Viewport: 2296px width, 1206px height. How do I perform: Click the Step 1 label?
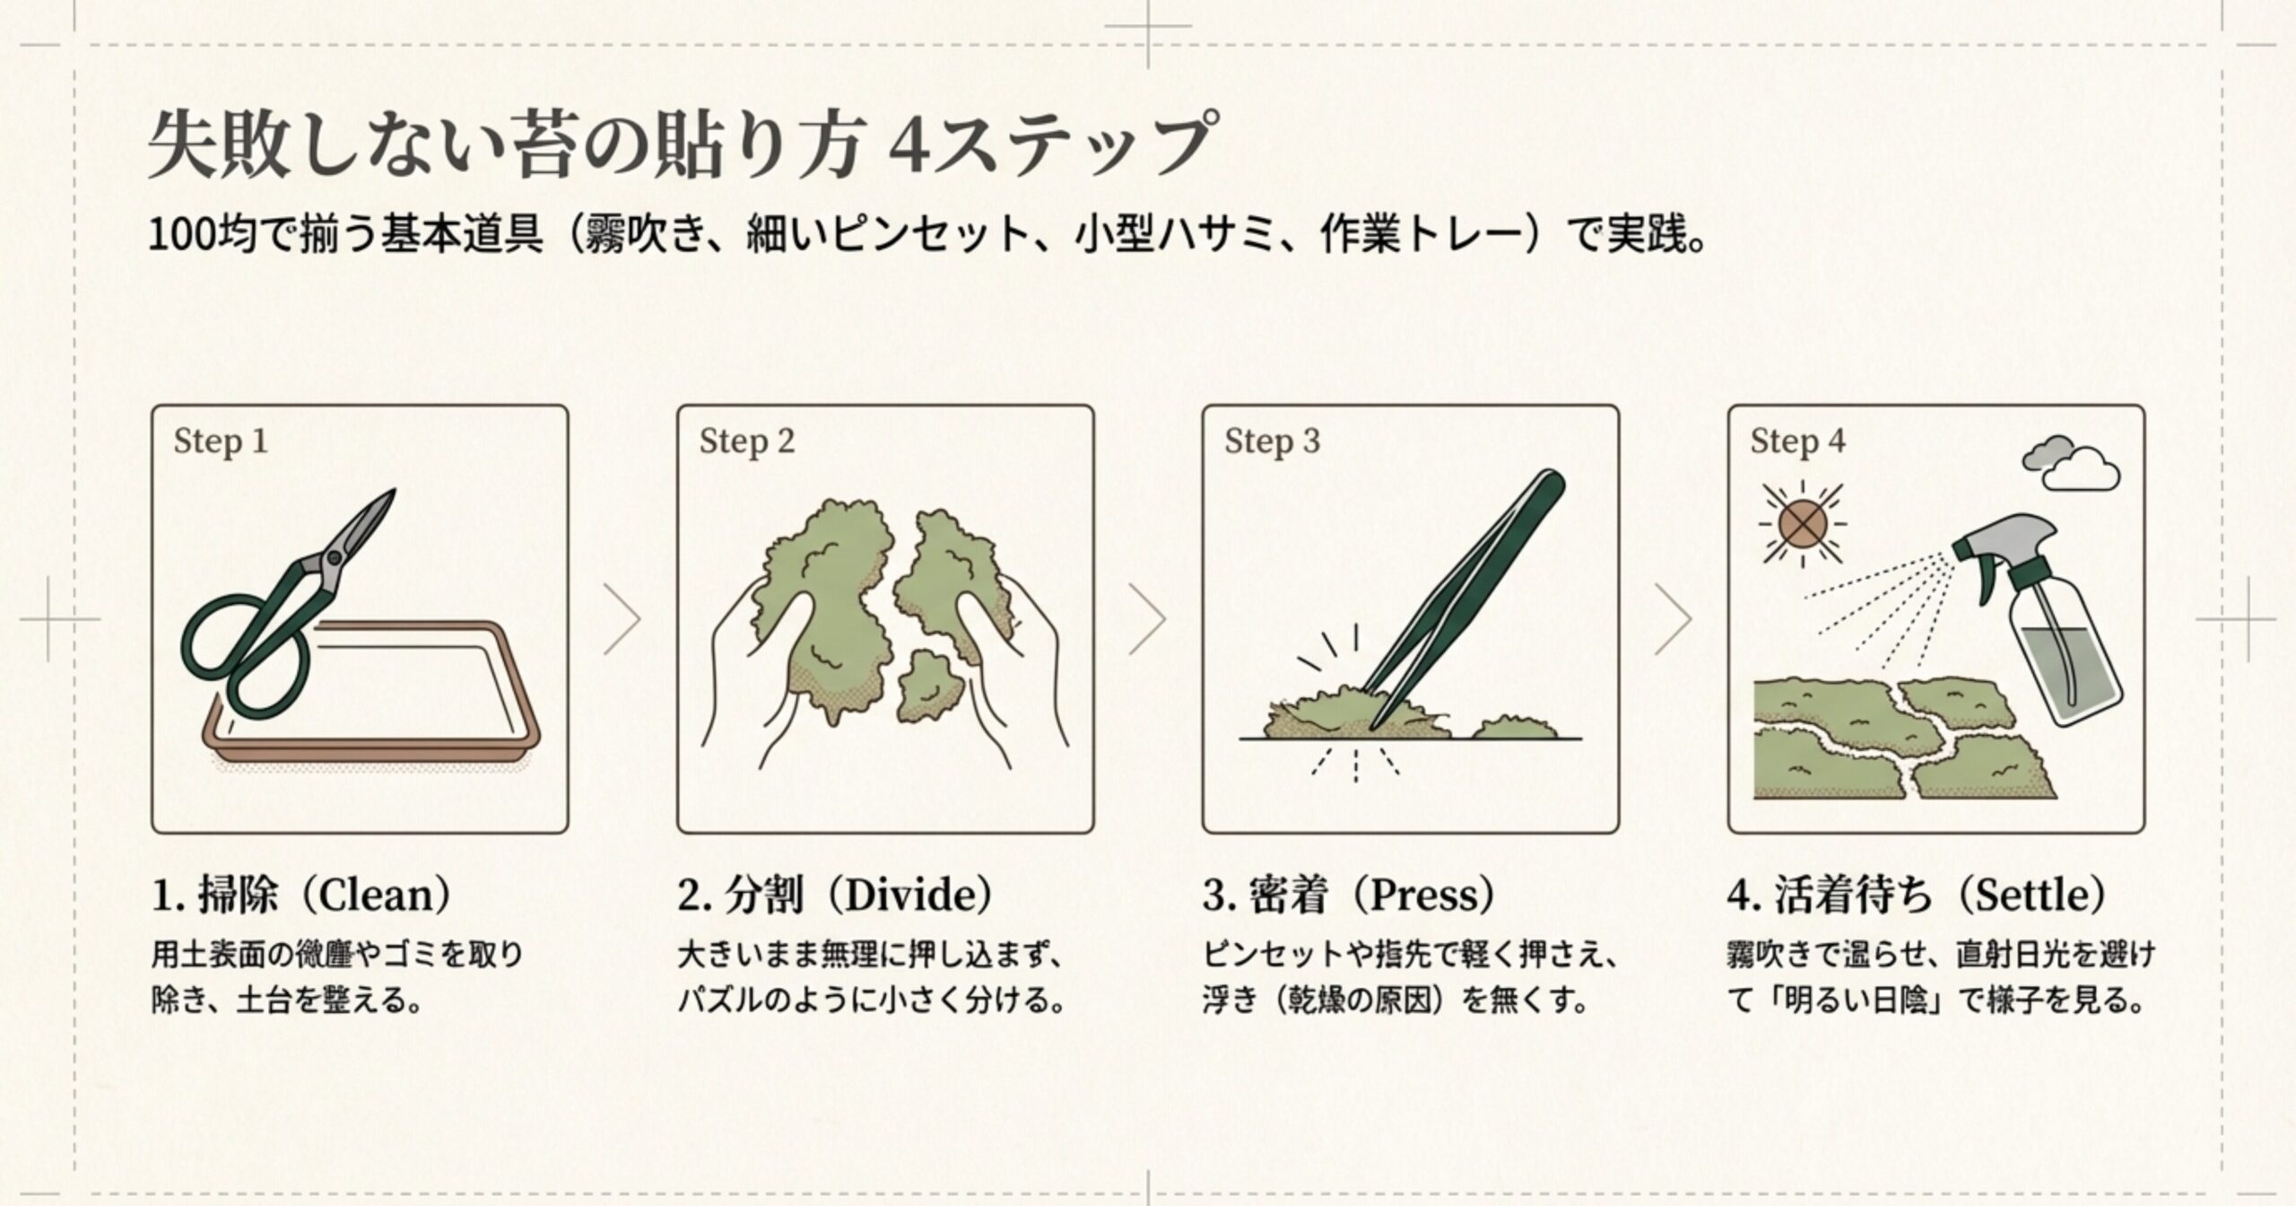point(221,441)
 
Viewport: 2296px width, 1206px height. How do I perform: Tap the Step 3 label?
point(1272,441)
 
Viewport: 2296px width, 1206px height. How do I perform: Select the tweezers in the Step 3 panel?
point(1471,592)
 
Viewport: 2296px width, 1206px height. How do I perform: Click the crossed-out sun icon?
point(1803,523)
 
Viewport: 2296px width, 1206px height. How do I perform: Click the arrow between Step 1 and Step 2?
point(622,619)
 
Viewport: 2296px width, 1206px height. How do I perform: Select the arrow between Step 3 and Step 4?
point(1673,619)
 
